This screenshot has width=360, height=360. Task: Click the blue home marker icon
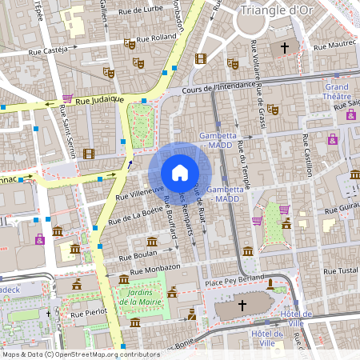pyautogui.click(x=180, y=172)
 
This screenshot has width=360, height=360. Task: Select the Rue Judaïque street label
pyautogui.click(x=100, y=99)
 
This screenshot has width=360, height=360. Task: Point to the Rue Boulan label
pyautogui.click(x=137, y=257)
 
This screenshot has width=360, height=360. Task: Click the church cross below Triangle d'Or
pyautogui.click(x=284, y=48)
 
